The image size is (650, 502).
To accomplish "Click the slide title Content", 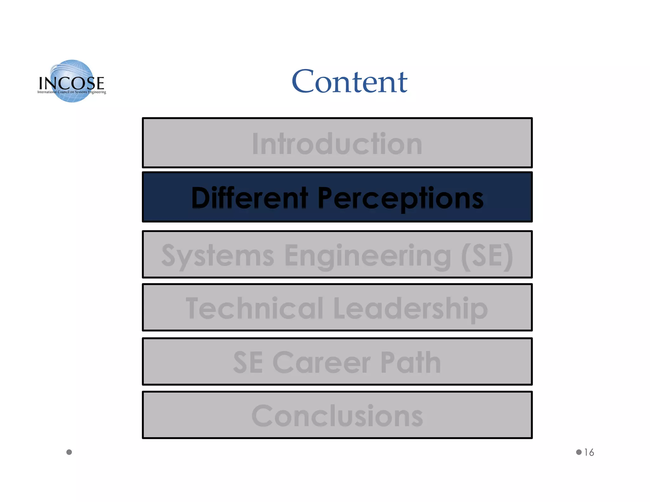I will pos(349,82).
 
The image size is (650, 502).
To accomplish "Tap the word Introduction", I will pos(337,144).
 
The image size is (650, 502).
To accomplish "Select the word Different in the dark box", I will pos(249,198).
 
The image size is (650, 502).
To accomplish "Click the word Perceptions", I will pos(401,198).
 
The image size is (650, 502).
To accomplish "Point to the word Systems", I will pos(218,256).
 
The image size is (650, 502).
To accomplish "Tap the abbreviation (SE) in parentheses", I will pos(487,256).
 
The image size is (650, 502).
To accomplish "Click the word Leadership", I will pos(410,309).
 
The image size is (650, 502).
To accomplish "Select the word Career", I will pos(322,362).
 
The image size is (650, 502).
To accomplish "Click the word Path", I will pos(411,362).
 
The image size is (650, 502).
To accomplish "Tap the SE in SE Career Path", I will pos(248,362).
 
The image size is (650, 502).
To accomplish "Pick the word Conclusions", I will pos(337,416).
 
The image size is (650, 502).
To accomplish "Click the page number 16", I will pos(589,452).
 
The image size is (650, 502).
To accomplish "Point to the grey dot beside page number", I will pos(579,452).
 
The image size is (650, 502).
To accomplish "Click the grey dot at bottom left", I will pos(69,452).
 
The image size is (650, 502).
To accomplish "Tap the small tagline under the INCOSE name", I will pos(72,92).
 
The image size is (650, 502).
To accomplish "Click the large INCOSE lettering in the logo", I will pos(71,83).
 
